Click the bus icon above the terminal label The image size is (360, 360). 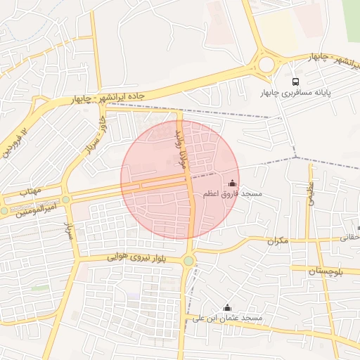pos(296,81)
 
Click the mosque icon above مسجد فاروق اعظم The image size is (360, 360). pos(233,182)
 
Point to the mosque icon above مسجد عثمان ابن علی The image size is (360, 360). pos(226,307)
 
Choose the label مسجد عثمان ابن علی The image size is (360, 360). pos(226,319)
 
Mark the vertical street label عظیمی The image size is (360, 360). pos(310,191)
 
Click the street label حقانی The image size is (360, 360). pos(349,238)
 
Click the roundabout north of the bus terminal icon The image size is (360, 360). pos(266,65)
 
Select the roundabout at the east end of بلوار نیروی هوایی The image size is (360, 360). pos(188,262)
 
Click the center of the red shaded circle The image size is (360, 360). pos(180,180)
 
